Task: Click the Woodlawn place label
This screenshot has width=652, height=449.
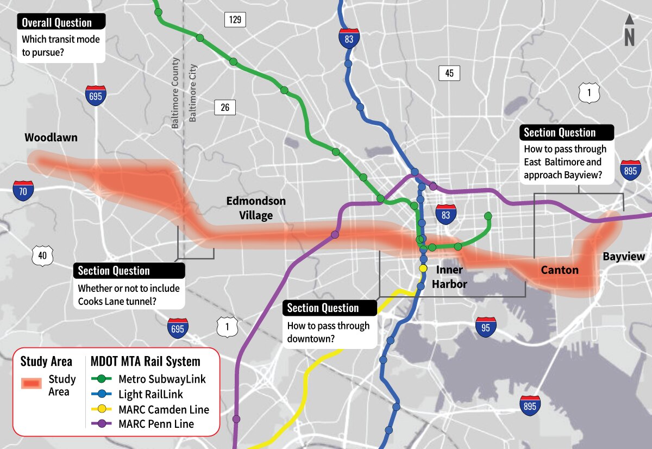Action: pyautogui.click(x=51, y=138)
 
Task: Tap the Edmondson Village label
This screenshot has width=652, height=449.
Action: pyautogui.click(x=256, y=208)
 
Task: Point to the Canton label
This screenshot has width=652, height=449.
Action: pyautogui.click(x=559, y=270)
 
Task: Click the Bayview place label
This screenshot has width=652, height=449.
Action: pyautogui.click(x=624, y=257)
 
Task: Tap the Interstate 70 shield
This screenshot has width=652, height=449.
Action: pyautogui.click(x=23, y=189)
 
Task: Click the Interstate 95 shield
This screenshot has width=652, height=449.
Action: pyautogui.click(x=485, y=326)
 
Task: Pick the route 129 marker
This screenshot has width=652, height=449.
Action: pyautogui.click(x=235, y=20)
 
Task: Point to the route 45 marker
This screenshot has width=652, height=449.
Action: pyautogui.click(x=449, y=73)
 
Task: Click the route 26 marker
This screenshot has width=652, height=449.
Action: pyautogui.click(x=225, y=107)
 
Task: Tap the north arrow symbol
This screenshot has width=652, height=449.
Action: pyautogui.click(x=629, y=30)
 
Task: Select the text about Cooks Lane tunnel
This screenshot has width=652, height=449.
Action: pyautogui.click(x=128, y=294)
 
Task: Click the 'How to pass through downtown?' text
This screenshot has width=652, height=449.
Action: pyautogui.click(x=328, y=332)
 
